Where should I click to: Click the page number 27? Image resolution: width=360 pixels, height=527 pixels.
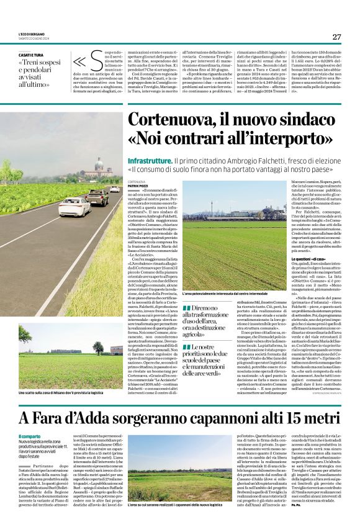[x=336, y=37]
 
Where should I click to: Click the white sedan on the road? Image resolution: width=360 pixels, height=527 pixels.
[x=74, y=207]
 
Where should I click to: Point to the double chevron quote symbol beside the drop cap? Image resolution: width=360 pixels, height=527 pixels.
[x=79, y=61]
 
